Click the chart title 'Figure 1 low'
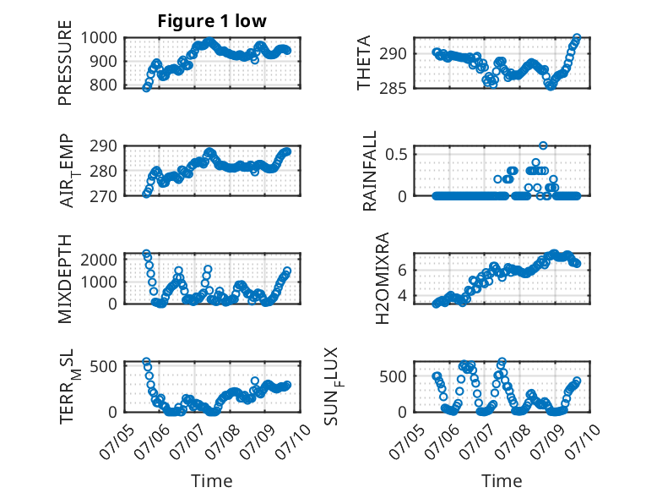(212, 20)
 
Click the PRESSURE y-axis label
(65, 63)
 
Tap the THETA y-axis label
(364, 63)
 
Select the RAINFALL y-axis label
(370, 171)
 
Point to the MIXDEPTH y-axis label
(65, 279)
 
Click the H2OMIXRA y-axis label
(383, 278)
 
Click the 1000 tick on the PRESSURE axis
(99, 38)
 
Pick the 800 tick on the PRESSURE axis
(104, 85)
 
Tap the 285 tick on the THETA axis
(393, 88)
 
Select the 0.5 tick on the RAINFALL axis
(396, 154)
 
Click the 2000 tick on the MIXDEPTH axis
(99, 260)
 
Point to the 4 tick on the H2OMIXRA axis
(402, 295)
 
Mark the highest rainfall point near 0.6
(543, 145)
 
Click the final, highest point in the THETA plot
(577, 38)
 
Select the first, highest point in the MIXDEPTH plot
(146, 254)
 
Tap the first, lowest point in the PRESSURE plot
(146, 88)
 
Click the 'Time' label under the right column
(502, 481)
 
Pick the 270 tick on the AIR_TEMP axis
(104, 196)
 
